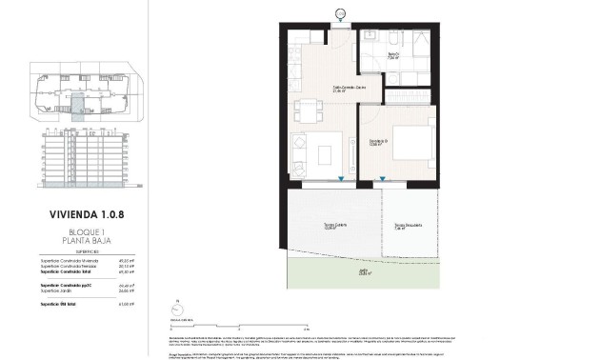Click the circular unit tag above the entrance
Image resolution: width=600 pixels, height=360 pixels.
click(x=340, y=13)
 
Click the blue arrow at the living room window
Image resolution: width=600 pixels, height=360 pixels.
click(x=341, y=179)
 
